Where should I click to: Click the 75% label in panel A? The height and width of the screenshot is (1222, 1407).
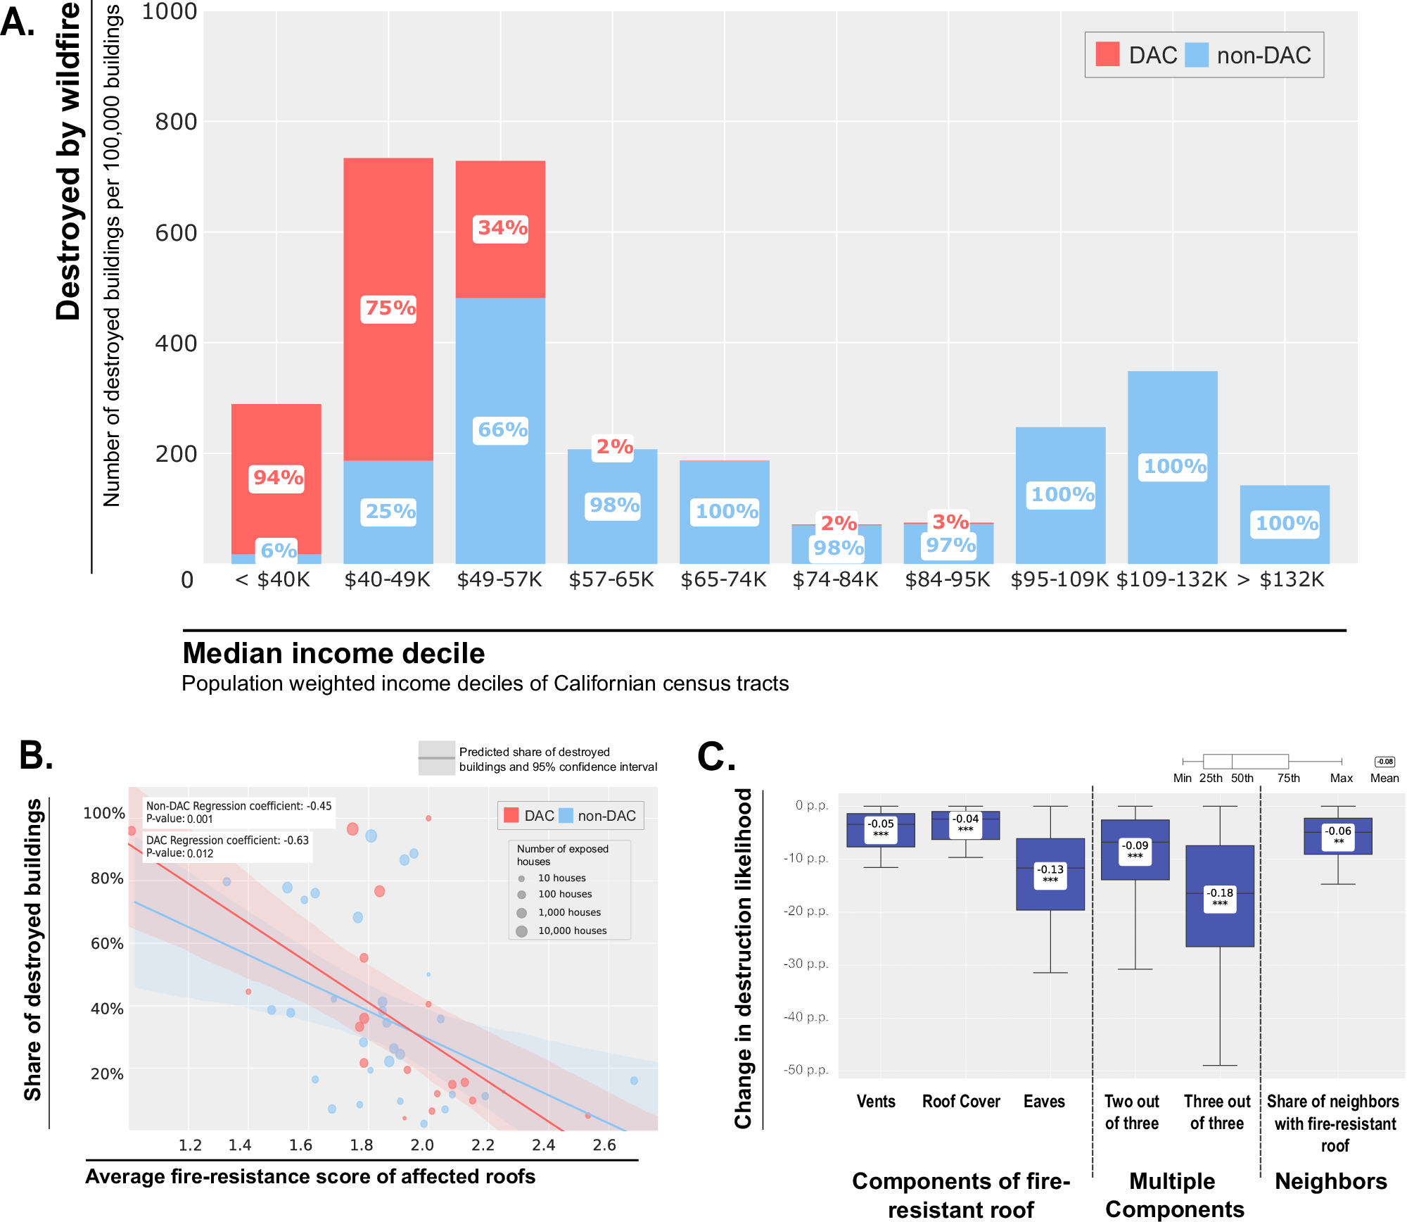coord(389,308)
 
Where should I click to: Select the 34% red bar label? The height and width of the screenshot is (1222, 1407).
coord(502,228)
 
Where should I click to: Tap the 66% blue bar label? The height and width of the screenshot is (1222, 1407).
coord(502,429)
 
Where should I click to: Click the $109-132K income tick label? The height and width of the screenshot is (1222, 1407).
coord(1172,579)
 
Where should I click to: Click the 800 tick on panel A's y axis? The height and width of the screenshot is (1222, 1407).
coord(175,122)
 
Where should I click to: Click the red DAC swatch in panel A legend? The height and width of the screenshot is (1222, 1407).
coord(1107,54)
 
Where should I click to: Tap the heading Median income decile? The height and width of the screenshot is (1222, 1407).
coord(333,653)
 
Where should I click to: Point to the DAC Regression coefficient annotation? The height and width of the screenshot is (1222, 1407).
coord(227,847)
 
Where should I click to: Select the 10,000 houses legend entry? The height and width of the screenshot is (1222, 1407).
coord(571,931)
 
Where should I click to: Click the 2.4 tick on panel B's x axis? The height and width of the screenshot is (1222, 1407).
coord(544,1145)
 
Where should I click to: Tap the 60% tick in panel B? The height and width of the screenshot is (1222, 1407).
coord(107,943)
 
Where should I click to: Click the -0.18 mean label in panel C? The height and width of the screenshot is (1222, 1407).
coord(1220,897)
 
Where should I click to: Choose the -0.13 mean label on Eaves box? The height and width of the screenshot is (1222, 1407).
coord(1050,874)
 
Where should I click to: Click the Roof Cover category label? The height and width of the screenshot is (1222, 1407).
coord(961,1102)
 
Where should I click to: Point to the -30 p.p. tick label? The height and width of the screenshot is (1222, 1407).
coord(806,964)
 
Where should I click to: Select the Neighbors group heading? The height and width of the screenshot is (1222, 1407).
coord(1331,1181)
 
